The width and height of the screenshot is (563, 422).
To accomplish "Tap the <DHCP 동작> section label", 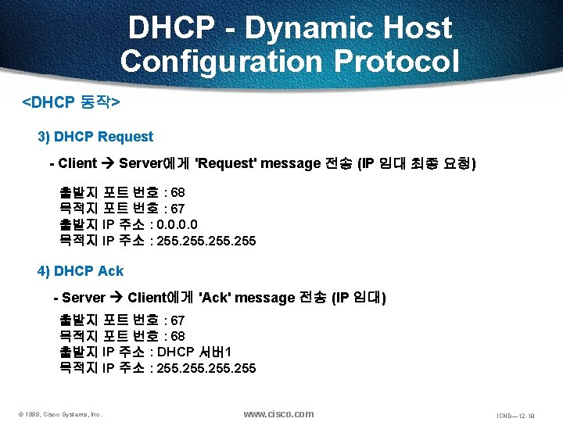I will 70,102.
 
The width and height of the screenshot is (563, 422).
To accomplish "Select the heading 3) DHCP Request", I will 95,137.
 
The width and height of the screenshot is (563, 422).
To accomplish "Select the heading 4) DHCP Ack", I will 81,271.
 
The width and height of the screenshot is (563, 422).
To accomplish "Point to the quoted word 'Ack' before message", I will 215,298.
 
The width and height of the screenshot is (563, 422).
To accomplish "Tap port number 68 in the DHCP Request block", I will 178,192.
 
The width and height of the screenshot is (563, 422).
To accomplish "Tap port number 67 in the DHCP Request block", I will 178,209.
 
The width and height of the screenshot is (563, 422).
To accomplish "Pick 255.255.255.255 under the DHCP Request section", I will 206,241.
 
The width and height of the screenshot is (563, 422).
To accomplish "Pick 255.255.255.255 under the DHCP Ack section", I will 206,368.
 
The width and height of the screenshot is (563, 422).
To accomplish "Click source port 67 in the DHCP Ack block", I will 178,320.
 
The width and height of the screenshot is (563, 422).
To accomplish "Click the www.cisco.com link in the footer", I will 278,413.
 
